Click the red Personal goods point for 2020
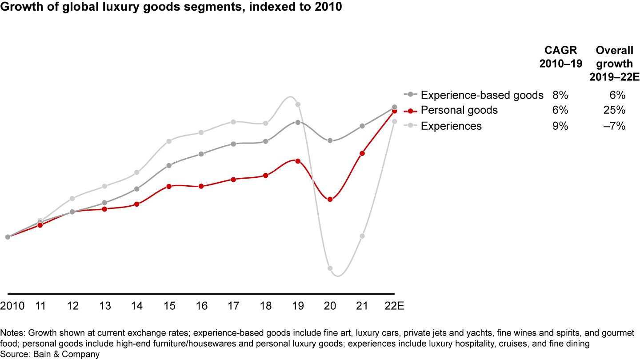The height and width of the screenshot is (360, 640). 330,199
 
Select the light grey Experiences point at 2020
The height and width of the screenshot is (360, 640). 330,268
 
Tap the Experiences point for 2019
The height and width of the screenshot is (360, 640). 298,104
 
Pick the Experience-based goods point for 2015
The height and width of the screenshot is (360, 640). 169,165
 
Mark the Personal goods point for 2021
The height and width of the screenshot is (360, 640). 362,153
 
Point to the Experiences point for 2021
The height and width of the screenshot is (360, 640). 362,236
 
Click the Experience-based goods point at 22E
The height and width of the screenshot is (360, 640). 394,107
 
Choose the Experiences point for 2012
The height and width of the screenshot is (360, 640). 72,198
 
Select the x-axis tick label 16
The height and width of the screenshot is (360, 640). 201,307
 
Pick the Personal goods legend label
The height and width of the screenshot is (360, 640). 459,110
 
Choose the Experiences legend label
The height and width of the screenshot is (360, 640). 451,126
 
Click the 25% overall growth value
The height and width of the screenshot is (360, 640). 617,110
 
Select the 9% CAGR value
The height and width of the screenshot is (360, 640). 560,126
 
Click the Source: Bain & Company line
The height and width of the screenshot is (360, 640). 50,354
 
